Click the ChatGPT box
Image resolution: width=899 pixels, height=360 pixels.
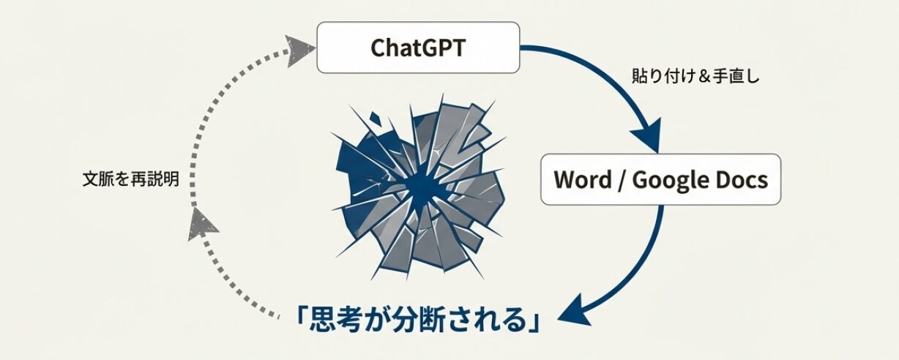tap(418, 48)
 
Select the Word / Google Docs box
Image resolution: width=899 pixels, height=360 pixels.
tap(660, 179)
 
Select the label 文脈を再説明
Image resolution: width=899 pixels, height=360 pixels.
tap(131, 179)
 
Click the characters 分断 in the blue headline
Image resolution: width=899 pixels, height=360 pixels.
tap(417, 320)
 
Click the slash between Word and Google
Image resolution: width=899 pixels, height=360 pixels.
tap(619, 179)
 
